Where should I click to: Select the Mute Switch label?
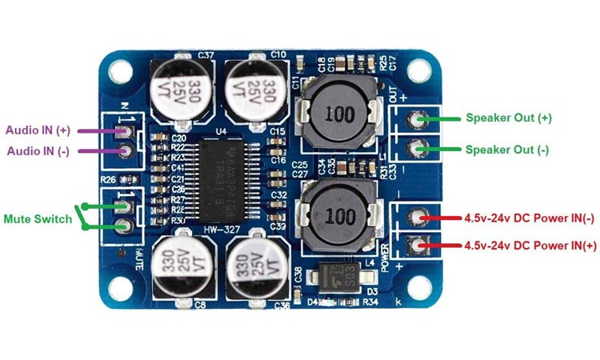click(38, 218)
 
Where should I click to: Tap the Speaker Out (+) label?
click(509, 118)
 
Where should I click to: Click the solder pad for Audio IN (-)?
click(124, 151)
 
